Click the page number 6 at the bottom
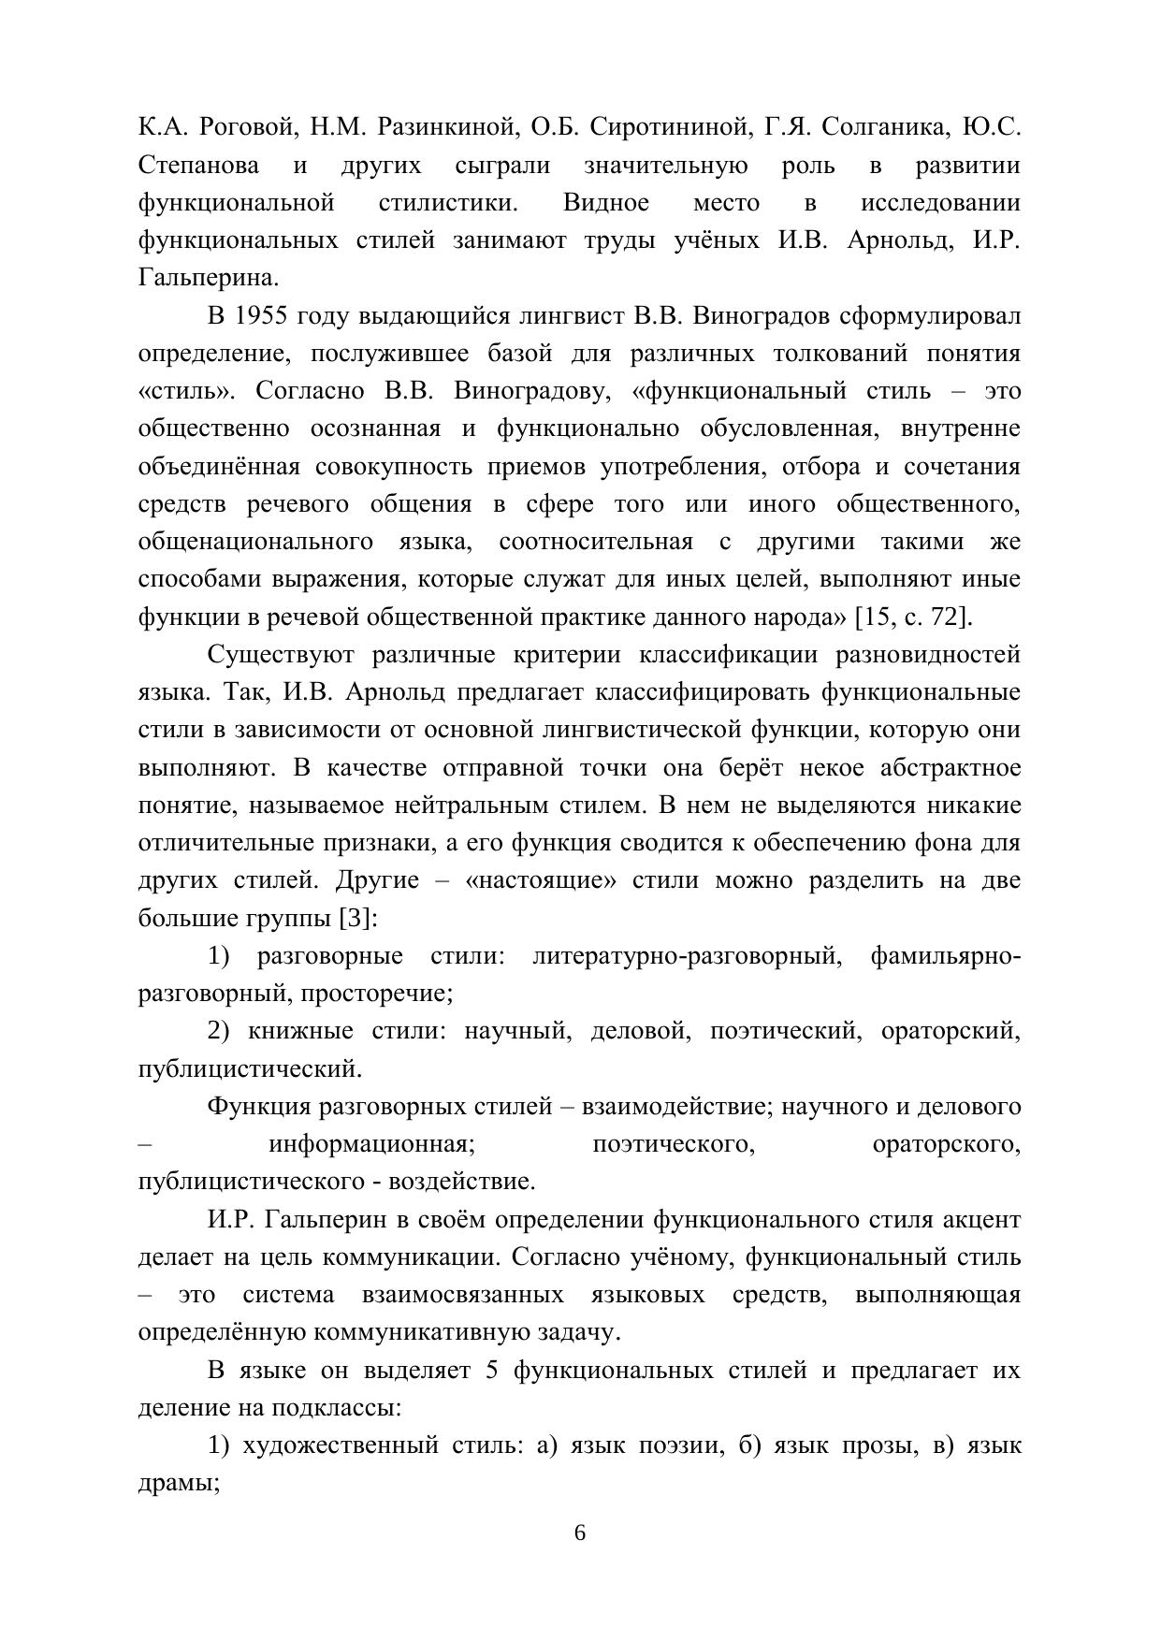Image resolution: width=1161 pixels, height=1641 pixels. [x=580, y=1532]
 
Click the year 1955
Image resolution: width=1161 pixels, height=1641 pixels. [x=260, y=316]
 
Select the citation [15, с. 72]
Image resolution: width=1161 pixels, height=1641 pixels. [x=913, y=617]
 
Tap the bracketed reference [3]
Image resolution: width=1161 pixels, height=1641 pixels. [x=357, y=918]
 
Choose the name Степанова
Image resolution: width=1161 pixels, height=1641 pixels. [x=199, y=166]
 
